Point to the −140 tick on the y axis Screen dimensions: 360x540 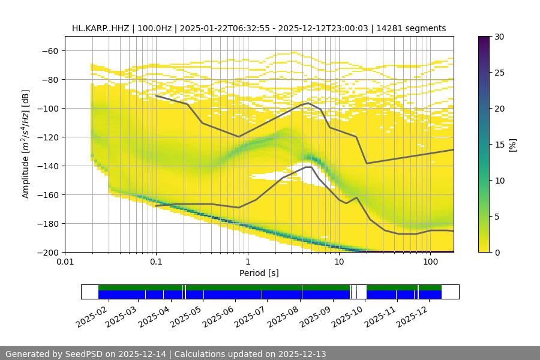click(49, 166)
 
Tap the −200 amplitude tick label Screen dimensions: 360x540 click(49, 252)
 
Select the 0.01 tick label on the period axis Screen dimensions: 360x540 click(65, 262)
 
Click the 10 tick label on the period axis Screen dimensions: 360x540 click(339, 262)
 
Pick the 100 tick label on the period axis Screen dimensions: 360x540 click(430, 262)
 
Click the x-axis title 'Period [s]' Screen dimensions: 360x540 click(259, 273)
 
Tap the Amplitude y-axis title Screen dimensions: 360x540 click(26, 144)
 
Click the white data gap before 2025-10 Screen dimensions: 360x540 click(361, 292)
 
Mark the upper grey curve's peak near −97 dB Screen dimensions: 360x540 click(308, 103)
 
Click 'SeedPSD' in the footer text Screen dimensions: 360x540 click(83, 354)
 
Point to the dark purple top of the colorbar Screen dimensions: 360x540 click(485, 39)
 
